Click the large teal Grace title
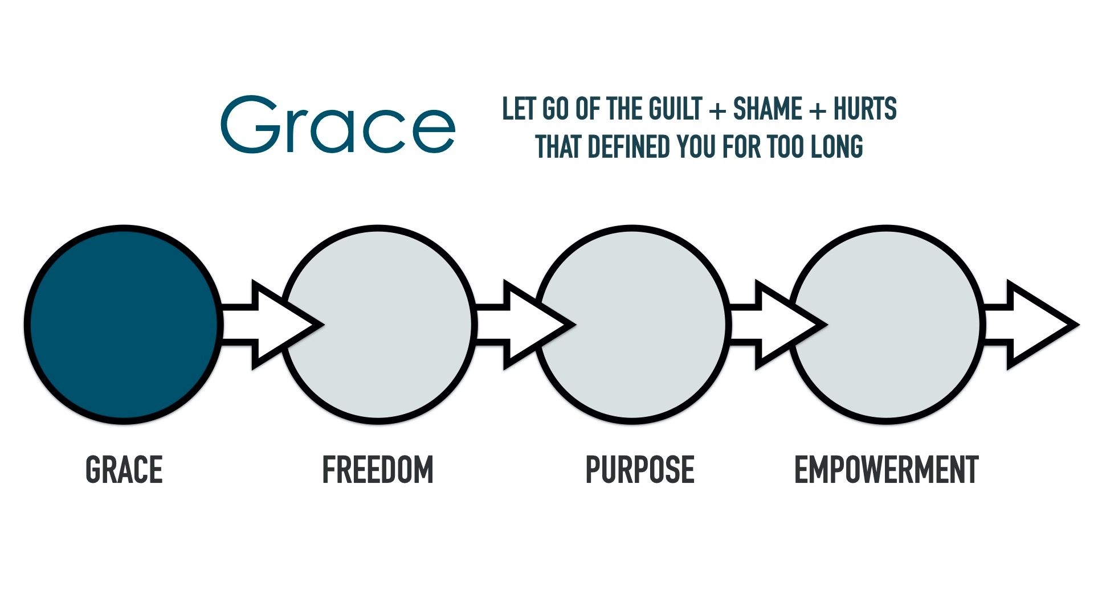click(338, 124)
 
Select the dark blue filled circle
click(124, 325)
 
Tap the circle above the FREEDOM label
click(378, 325)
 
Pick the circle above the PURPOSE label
click(632, 325)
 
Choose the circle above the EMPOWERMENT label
click(886, 325)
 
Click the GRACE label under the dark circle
click(124, 470)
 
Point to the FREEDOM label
click(378, 470)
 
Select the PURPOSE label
click(640, 470)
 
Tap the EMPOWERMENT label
click(886, 470)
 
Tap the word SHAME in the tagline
click(768, 109)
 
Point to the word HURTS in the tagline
click(865, 109)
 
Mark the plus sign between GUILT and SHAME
click(718, 110)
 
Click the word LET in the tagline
click(519, 109)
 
